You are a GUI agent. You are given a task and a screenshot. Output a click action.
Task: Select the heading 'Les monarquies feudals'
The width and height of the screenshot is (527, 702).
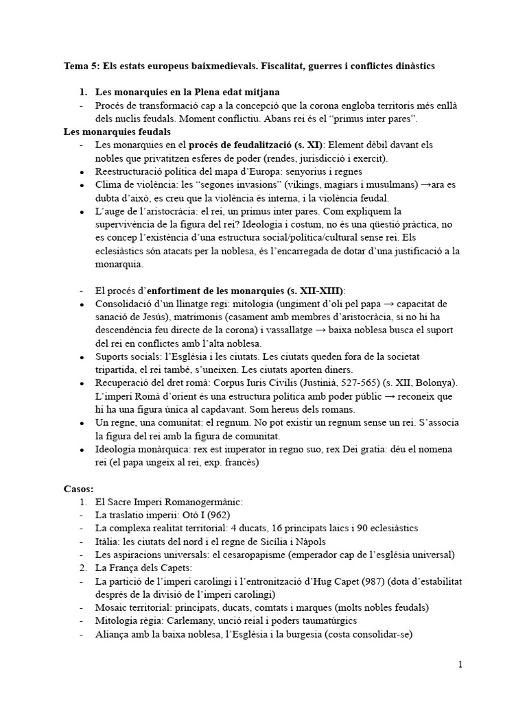[117, 132]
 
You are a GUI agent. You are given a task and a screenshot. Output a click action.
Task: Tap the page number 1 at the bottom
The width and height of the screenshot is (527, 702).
[460, 664]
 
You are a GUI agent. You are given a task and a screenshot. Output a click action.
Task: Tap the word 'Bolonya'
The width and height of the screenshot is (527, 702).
[434, 383]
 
